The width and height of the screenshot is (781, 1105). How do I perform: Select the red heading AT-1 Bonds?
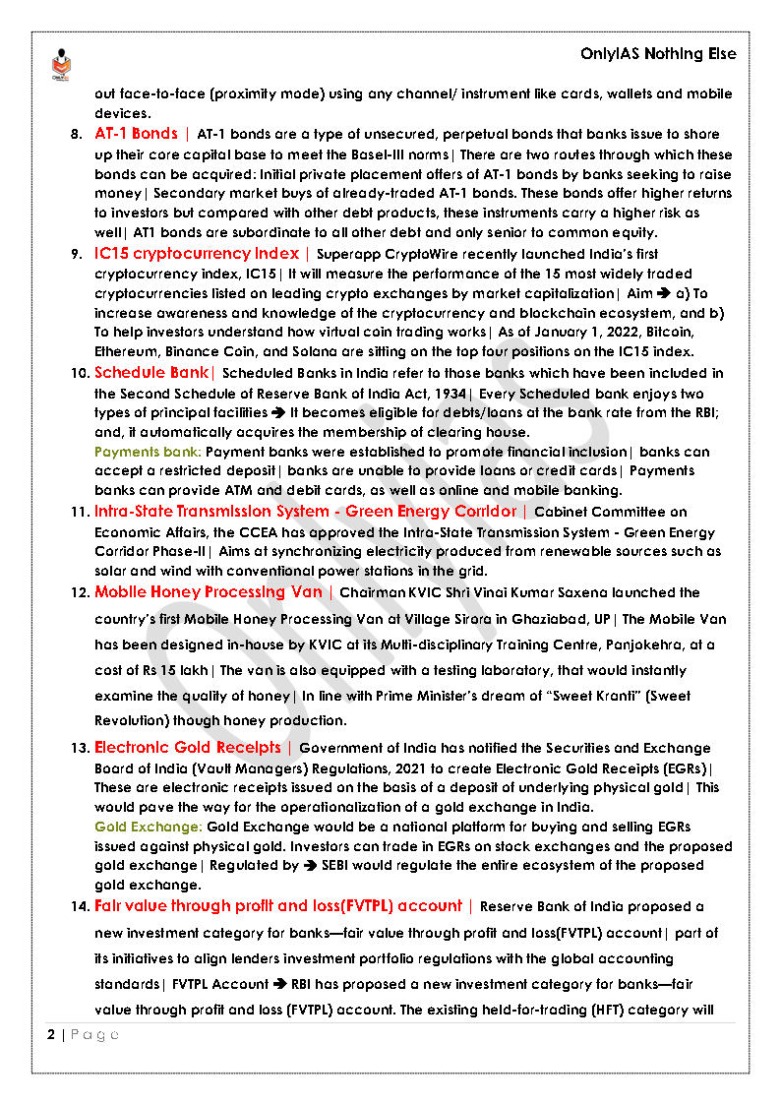coord(136,134)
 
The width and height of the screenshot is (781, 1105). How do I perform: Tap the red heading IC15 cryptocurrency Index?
coord(198,254)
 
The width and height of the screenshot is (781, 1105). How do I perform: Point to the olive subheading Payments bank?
coord(148,452)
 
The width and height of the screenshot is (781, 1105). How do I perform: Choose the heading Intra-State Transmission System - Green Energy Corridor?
coord(305,512)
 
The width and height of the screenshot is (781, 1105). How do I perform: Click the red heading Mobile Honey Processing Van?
coord(208,592)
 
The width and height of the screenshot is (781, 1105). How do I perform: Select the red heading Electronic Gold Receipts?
coord(187,748)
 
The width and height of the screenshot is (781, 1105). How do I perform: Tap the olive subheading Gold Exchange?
coord(149,828)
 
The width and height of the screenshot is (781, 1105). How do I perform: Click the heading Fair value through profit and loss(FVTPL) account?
coord(277,906)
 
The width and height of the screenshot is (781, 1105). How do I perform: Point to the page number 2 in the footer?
coord(51,1035)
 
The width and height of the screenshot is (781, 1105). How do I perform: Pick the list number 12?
coord(79,593)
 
